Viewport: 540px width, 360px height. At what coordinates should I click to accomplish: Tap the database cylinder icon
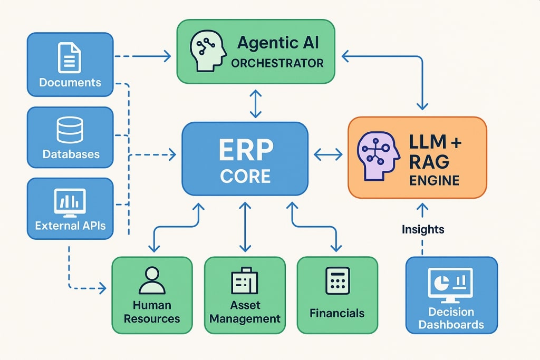tap(70, 130)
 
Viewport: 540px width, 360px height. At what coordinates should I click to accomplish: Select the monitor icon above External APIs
tap(70, 202)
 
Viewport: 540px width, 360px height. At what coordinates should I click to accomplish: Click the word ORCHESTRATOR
tap(277, 63)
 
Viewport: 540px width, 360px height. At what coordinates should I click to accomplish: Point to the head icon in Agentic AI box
tap(208, 51)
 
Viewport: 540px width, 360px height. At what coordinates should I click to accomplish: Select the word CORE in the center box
tap(245, 176)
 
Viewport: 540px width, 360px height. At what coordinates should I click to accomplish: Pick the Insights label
tap(422, 229)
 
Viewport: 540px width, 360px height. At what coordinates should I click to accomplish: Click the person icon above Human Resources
tap(152, 280)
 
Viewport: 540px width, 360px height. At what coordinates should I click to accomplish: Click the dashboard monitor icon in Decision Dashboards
tap(451, 284)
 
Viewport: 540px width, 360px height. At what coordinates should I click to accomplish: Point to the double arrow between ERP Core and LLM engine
tap(327, 154)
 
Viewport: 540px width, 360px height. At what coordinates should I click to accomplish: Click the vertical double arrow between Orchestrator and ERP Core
tap(255, 103)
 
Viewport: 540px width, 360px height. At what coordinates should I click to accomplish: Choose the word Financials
tap(337, 313)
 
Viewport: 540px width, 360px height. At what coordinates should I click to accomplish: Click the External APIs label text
tap(70, 226)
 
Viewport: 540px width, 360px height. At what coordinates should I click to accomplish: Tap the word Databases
tap(71, 154)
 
